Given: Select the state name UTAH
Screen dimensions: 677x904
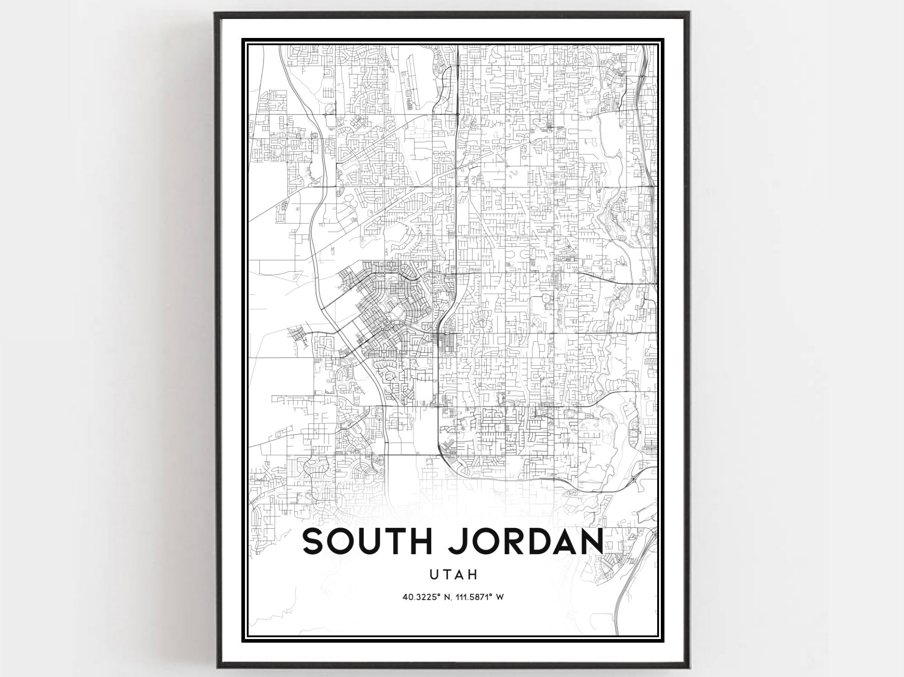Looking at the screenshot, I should click(454, 574).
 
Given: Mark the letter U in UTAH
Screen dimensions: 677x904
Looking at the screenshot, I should click(434, 574).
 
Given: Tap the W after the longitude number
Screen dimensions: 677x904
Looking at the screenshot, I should click(500, 597).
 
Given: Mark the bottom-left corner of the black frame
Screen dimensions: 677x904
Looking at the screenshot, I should click(216, 665).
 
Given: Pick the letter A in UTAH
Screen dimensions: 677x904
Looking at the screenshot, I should click(460, 574).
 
